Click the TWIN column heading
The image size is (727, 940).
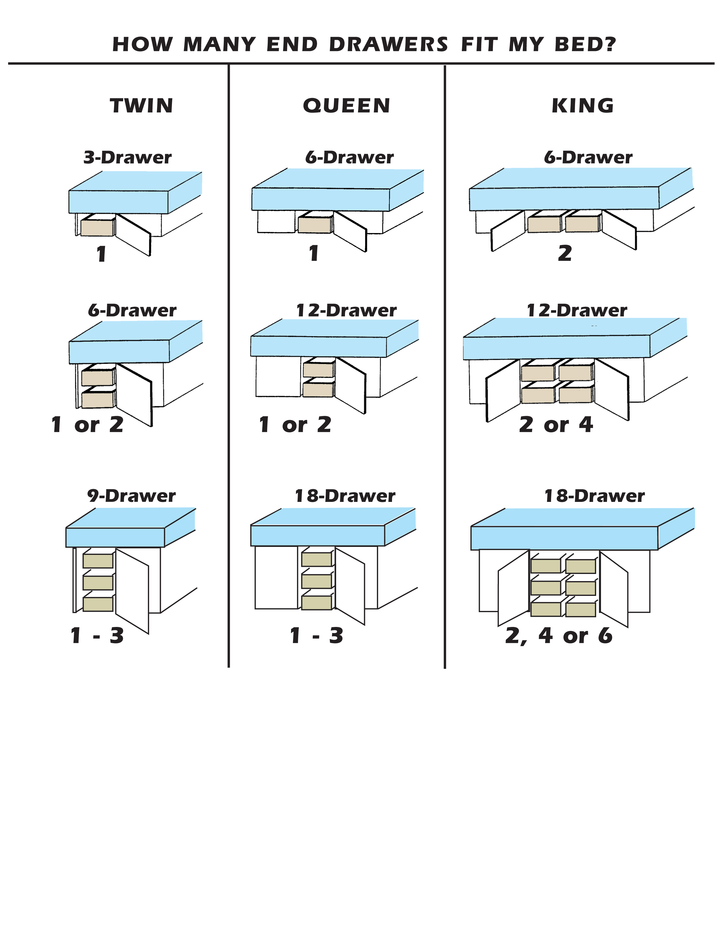pyautogui.click(x=142, y=106)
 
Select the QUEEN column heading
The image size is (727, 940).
pyautogui.click(x=347, y=106)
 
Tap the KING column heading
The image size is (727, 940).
pyautogui.click(x=583, y=106)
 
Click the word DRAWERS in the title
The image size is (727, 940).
pyautogui.click(x=389, y=44)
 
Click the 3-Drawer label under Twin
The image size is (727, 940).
pyautogui.click(x=127, y=158)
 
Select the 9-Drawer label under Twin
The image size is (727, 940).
pyautogui.click(x=131, y=496)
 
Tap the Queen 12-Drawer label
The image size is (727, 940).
pyautogui.click(x=346, y=310)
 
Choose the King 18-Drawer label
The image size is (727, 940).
pyautogui.click(x=594, y=496)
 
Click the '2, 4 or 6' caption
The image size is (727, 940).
pyautogui.click(x=559, y=636)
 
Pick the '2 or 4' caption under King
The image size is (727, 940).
pyautogui.click(x=556, y=425)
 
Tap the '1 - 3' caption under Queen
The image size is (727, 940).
pyautogui.click(x=316, y=636)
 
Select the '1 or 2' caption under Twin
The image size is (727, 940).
pyautogui.click(x=88, y=425)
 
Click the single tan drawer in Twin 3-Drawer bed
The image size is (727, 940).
pyautogui.click(x=97, y=228)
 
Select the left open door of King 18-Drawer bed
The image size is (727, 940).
pyautogui.click(x=513, y=588)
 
